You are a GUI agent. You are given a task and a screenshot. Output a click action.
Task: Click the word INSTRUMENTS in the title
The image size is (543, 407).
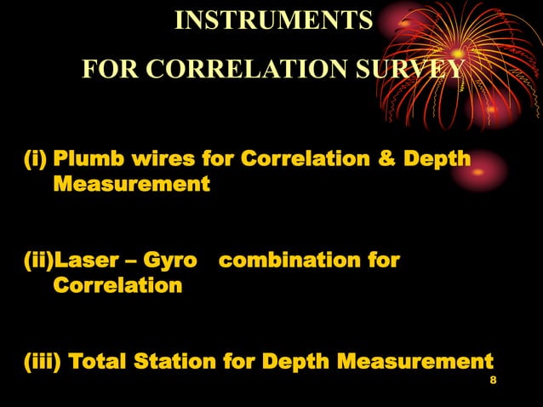(273, 20)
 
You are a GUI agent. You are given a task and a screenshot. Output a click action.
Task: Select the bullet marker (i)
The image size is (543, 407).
(33, 159)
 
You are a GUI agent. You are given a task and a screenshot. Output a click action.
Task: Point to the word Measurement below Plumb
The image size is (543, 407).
(131, 183)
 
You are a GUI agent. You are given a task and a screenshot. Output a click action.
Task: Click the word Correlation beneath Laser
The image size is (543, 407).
(117, 284)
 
